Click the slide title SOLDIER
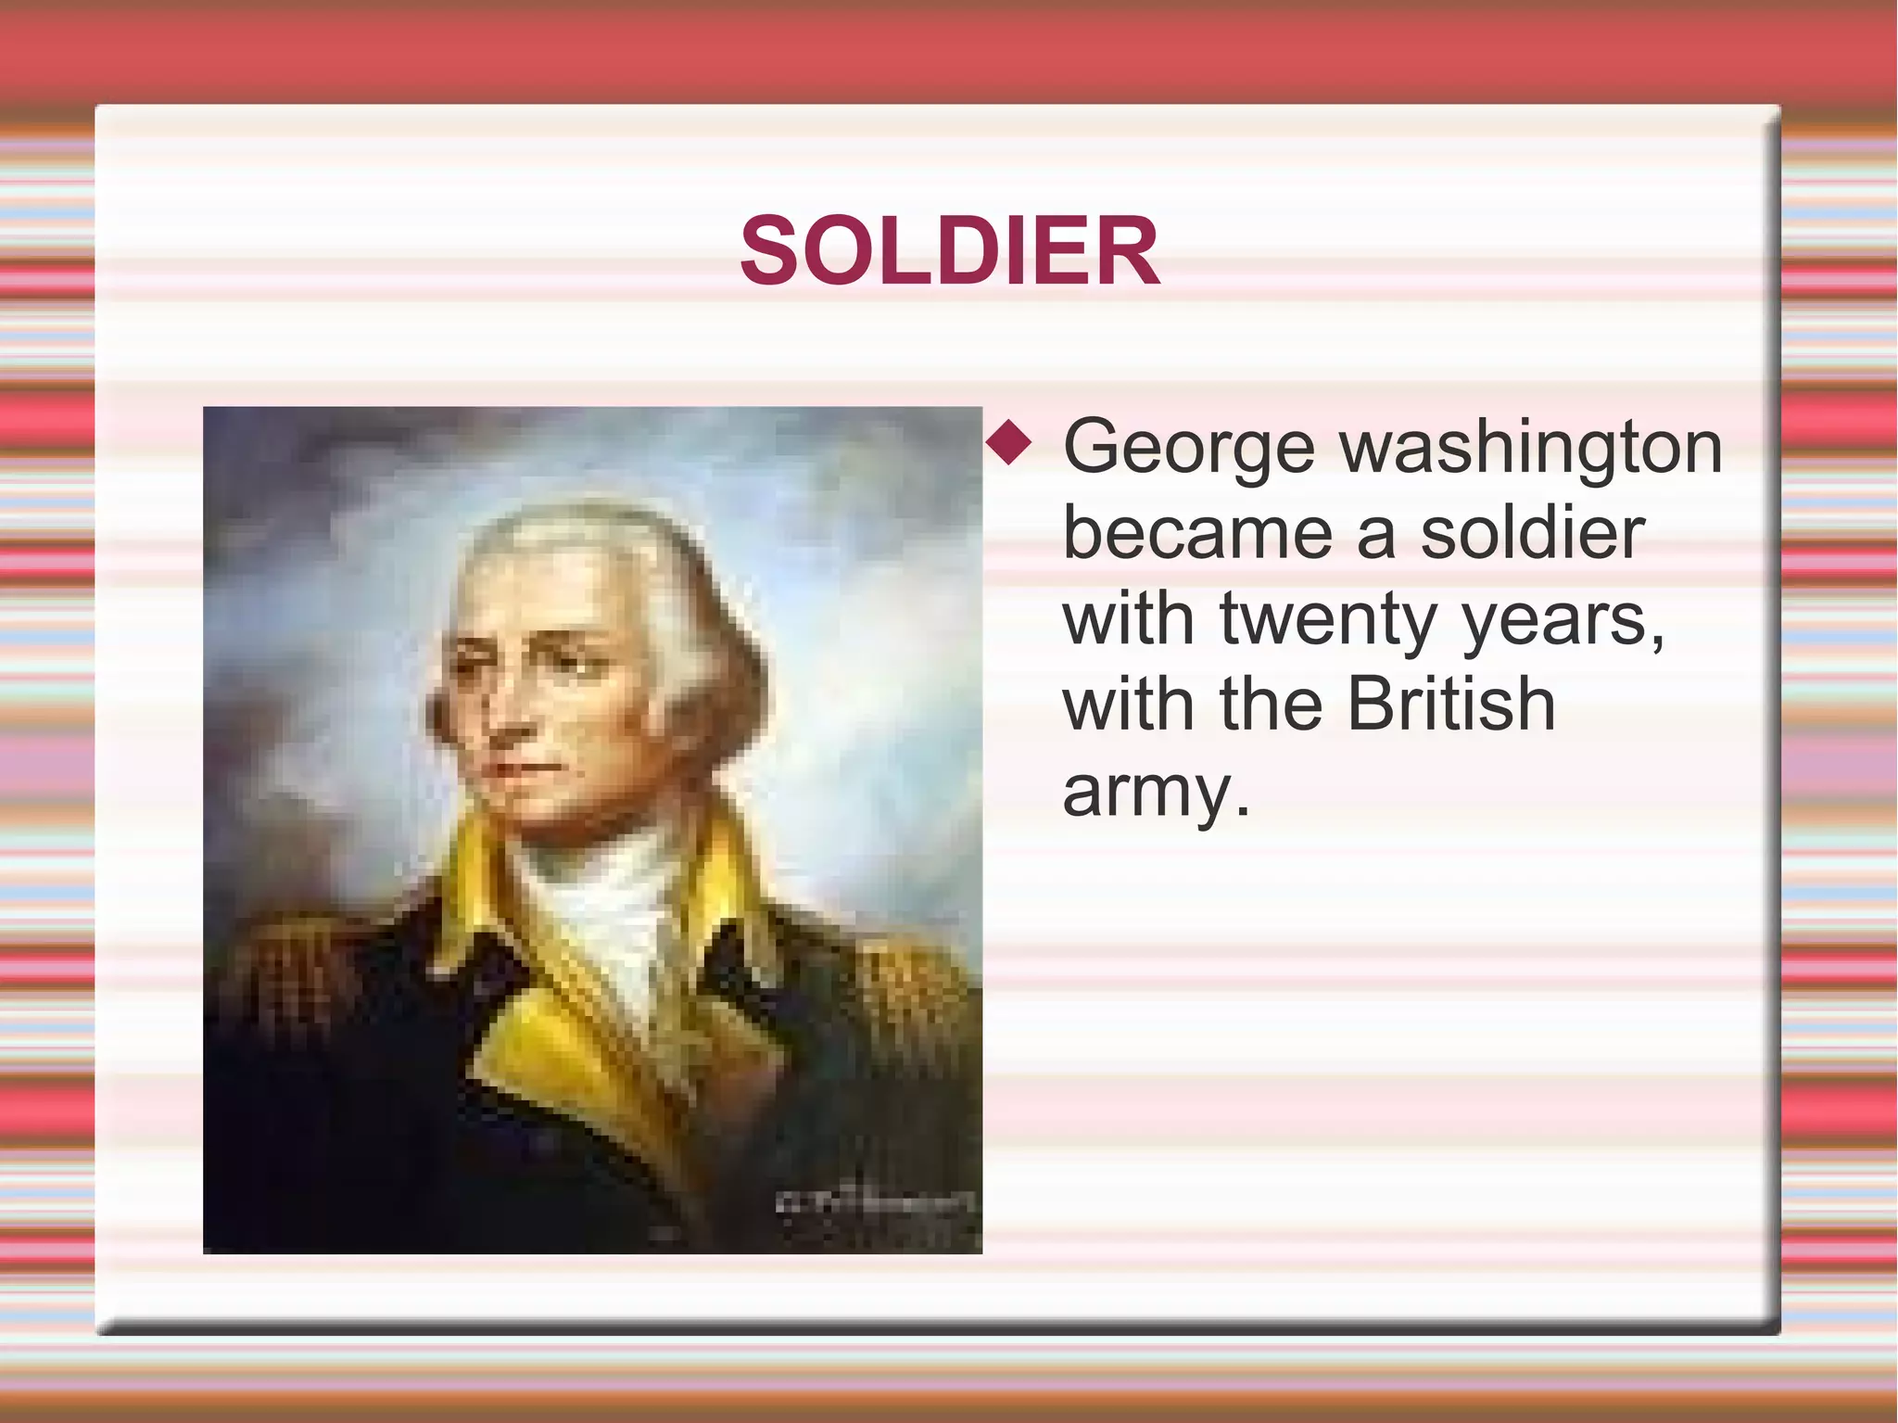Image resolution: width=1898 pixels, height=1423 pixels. pyautogui.click(x=949, y=251)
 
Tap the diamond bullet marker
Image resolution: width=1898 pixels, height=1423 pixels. pyautogui.click(x=1008, y=443)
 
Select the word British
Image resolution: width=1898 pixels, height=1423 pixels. pyautogui.click(x=1450, y=705)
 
